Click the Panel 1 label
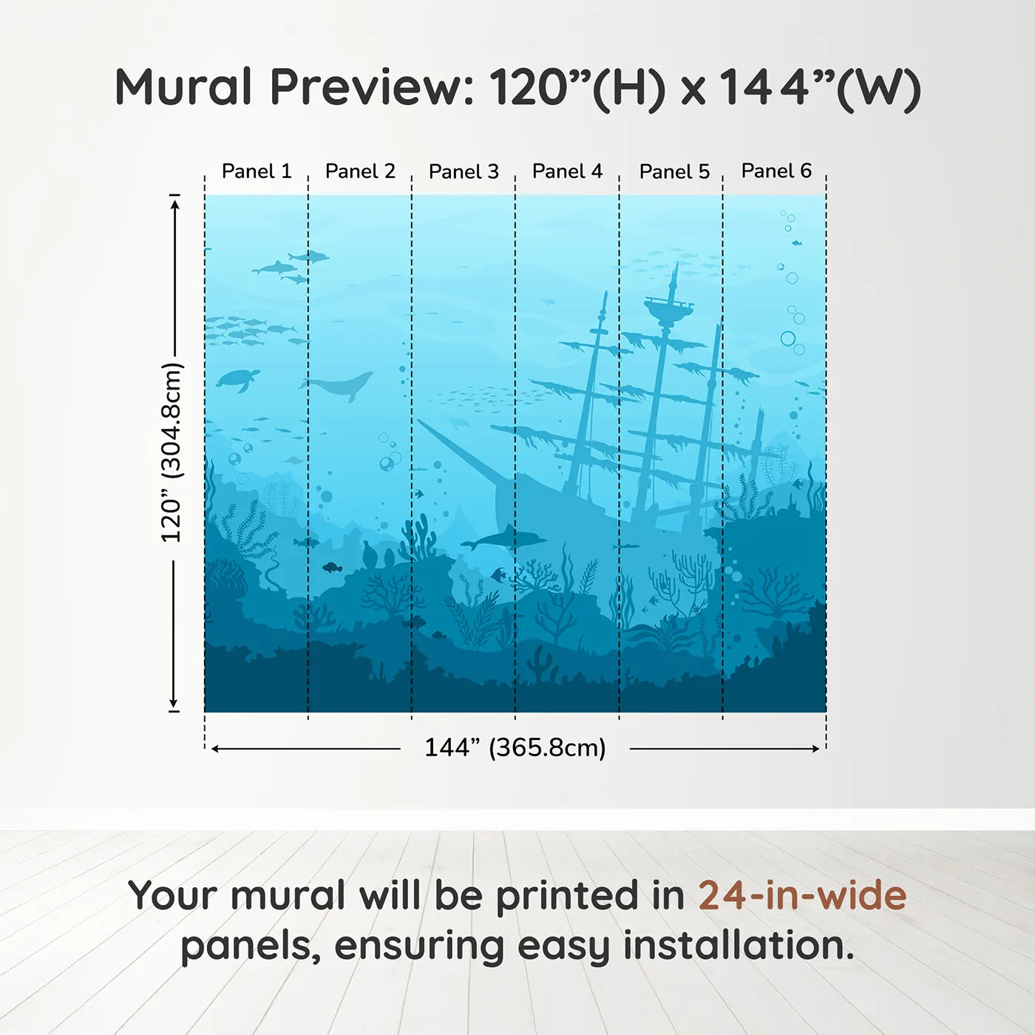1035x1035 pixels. click(257, 172)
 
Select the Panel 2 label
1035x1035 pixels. click(360, 172)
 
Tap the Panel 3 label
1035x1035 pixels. click(464, 172)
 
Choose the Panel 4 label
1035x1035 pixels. click(567, 172)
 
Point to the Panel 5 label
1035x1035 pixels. click(674, 172)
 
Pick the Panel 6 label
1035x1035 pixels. click(776, 171)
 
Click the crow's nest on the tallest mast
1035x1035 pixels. click(668, 307)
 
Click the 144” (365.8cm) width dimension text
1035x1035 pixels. click(515, 747)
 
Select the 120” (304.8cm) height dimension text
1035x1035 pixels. click(172, 452)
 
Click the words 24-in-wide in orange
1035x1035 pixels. click(802, 895)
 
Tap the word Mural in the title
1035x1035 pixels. click(183, 87)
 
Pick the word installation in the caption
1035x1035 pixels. click(739, 946)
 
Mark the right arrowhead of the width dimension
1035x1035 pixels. click(815, 749)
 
